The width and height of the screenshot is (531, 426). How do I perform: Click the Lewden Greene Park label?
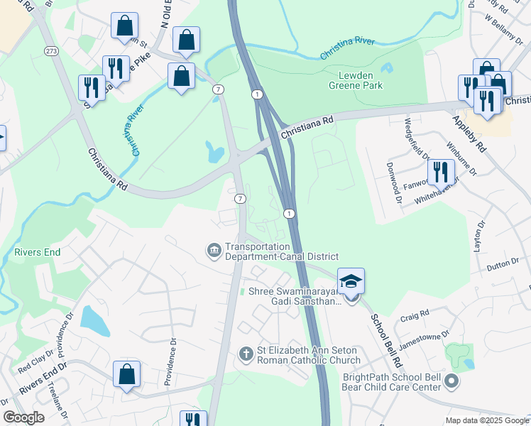(x=356, y=80)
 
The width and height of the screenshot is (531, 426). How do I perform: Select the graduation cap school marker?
(x=351, y=283)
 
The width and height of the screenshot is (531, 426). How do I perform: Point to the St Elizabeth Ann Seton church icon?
(x=246, y=354)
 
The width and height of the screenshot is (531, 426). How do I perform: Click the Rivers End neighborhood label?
(x=38, y=252)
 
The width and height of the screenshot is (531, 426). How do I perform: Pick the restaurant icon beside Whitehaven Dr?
(x=440, y=172)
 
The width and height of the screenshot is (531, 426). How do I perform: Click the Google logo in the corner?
(x=23, y=417)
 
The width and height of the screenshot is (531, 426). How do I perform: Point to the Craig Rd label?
(x=415, y=314)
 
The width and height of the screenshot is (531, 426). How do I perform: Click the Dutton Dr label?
(x=505, y=267)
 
